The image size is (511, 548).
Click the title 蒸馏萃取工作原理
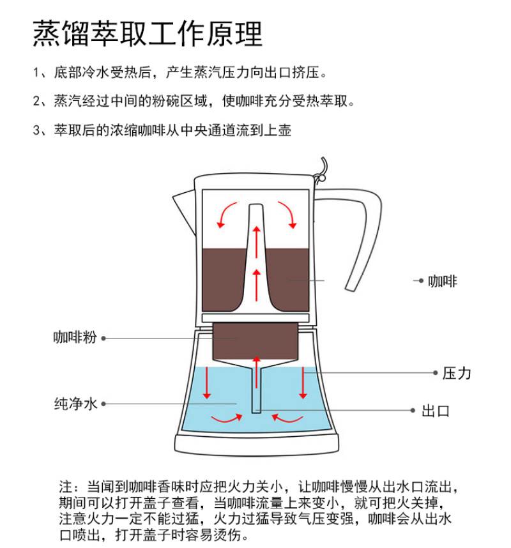click(147, 34)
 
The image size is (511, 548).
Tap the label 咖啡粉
click(75, 338)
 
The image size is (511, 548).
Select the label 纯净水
click(75, 404)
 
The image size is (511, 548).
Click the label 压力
click(457, 373)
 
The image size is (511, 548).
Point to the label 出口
click(436, 411)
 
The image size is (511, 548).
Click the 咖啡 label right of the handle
click(443, 281)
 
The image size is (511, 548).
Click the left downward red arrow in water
click(207, 383)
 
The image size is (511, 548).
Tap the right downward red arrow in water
click(303, 383)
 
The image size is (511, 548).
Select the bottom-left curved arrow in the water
click(227, 418)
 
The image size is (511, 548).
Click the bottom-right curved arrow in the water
click(287, 418)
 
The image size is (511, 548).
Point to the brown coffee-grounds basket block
click(256, 342)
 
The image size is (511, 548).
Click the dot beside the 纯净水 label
click(103, 404)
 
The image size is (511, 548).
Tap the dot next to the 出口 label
click(413, 410)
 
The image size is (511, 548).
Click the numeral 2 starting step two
click(37, 102)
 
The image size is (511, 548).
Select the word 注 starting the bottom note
click(66, 487)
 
